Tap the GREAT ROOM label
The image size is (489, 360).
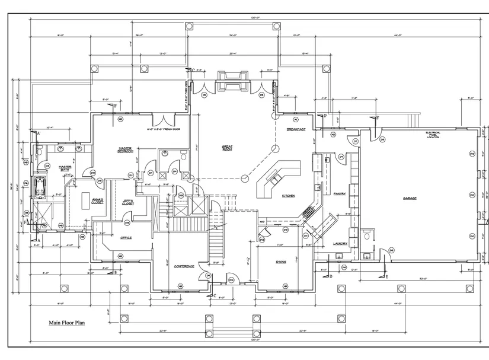[x=227, y=148]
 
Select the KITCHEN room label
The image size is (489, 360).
[x=288, y=196]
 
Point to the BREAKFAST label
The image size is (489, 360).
[x=296, y=129]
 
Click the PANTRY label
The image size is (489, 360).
[x=340, y=194]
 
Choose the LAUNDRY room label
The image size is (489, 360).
[x=340, y=243]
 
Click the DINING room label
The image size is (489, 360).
[x=281, y=262]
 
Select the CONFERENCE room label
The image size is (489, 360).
[x=184, y=266]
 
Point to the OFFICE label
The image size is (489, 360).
[x=125, y=238]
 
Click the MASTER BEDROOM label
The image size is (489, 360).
[x=125, y=150]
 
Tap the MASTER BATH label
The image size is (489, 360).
[x=65, y=168]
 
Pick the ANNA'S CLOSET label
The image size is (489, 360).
[x=98, y=202]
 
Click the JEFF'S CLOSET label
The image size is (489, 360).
[x=128, y=202]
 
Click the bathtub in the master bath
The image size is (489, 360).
[x=41, y=187]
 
